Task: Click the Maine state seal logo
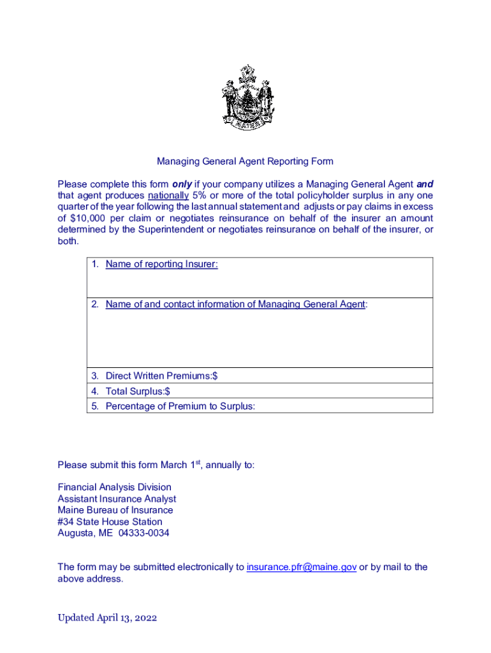coord(247,97)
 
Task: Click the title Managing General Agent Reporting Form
coord(246,161)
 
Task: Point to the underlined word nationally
coord(168,196)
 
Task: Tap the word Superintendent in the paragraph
coord(168,230)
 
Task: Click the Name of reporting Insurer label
coord(161,264)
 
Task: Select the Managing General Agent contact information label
coord(235,304)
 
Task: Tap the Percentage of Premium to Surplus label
coord(180,406)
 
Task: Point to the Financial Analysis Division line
coord(114,487)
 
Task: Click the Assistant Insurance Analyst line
coord(117,499)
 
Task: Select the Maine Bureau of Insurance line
coord(115,510)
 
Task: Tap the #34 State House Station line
coord(110,522)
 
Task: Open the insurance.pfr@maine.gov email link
coord(301,567)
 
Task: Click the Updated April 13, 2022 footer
coord(107,617)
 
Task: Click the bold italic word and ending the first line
coord(425,184)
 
